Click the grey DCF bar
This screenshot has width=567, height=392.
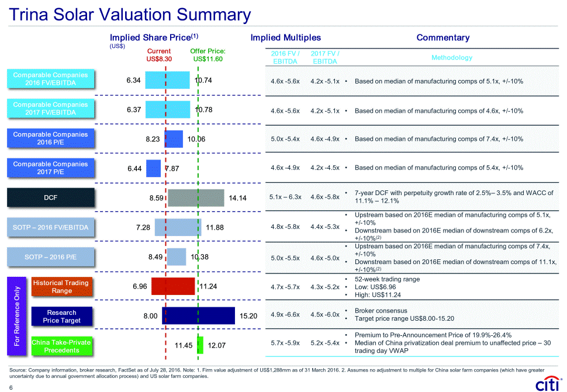tap(196, 198)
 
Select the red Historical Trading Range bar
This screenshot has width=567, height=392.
tap(173, 286)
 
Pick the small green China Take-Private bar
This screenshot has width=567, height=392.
tap(200, 345)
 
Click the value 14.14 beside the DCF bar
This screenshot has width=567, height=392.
tap(238, 199)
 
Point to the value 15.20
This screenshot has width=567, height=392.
tap(248, 316)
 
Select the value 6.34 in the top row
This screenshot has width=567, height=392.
tap(133, 80)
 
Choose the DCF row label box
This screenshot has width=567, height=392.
tap(50, 197)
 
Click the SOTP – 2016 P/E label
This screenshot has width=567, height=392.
tap(50, 256)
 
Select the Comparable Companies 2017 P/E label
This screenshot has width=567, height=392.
tap(50, 168)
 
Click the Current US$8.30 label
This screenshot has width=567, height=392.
tap(159, 55)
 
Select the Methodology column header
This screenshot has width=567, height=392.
tap(451, 57)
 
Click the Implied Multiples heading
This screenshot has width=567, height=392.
tap(285, 38)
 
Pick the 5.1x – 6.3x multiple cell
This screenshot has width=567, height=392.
tap(285, 197)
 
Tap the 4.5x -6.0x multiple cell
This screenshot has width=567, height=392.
tap(325, 314)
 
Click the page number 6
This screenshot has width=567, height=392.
tap(11, 386)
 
